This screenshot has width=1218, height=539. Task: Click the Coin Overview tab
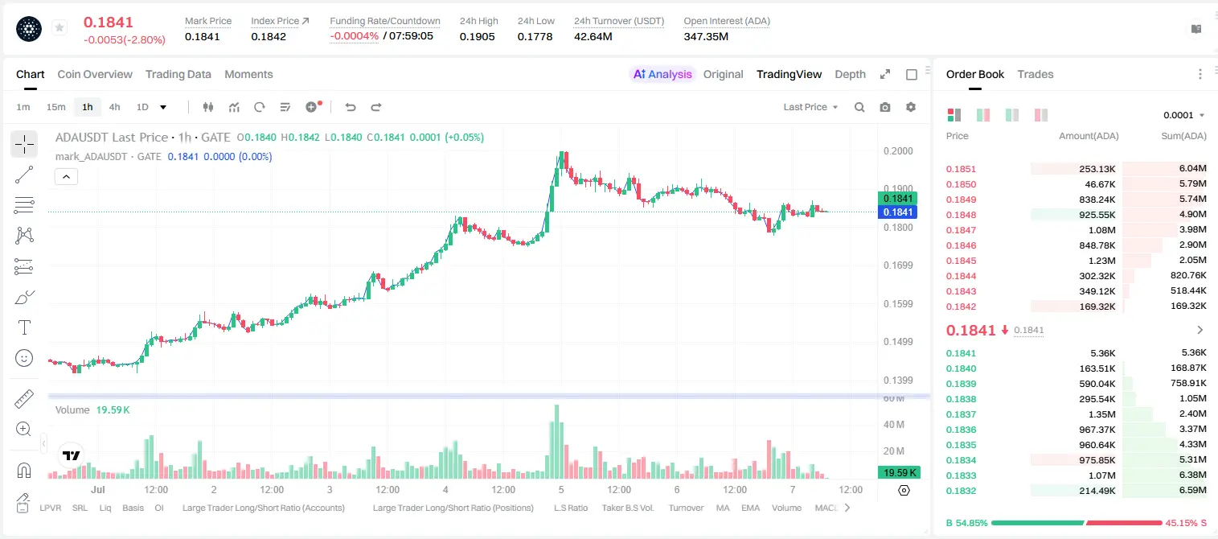(x=95, y=74)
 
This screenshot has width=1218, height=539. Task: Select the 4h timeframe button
(x=114, y=107)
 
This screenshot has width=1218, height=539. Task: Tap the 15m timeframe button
(x=55, y=107)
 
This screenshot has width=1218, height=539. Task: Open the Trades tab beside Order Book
(x=1036, y=74)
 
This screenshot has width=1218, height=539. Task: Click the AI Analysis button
(x=662, y=74)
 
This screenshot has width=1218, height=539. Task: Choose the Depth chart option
(x=850, y=74)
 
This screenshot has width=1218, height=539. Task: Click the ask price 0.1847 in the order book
(x=961, y=230)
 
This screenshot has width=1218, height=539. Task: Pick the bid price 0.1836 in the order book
(x=961, y=430)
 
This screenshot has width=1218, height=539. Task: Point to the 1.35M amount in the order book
(x=1101, y=414)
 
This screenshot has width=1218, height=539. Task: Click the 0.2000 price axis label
(x=898, y=151)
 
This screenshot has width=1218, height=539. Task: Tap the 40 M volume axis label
(x=893, y=424)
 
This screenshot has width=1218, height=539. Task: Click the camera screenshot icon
(x=885, y=107)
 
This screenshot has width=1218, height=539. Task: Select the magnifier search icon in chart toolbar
(x=859, y=107)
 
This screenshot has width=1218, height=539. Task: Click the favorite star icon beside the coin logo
(x=59, y=27)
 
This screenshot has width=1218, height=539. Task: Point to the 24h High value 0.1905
(x=477, y=36)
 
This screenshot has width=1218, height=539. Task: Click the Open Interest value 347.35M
(x=706, y=36)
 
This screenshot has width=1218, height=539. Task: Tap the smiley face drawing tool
(x=24, y=358)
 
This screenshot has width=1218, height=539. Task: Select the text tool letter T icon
(x=24, y=327)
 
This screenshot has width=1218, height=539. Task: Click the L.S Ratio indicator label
(x=570, y=508)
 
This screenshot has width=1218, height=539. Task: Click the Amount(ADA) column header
(x=1089, y=136)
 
